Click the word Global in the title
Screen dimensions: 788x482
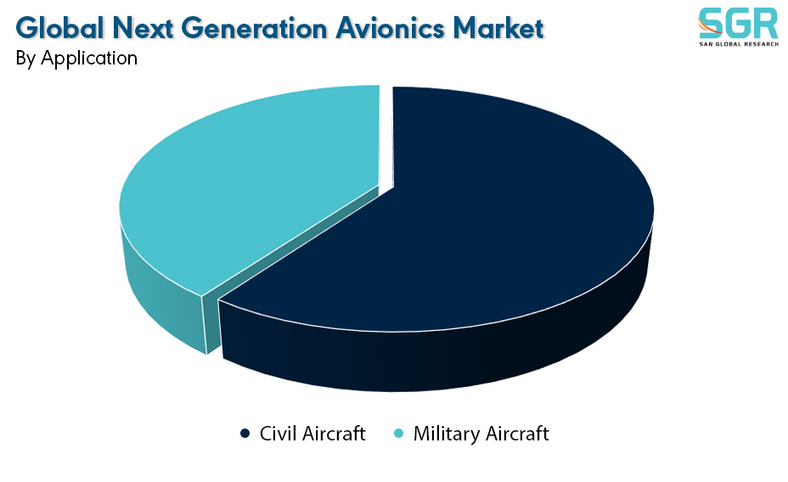click(60, 28)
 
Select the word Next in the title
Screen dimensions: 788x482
click(144, 28)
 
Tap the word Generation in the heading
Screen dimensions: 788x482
click(254, 28)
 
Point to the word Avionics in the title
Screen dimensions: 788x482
click(390, 28)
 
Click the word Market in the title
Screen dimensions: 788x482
click(498, 28)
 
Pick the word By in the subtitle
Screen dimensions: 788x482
click(25, 59)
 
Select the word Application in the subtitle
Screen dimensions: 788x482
click(89, 59)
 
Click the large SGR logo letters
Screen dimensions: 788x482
click(738, 23)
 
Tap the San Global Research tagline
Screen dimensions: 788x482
click(739, 44)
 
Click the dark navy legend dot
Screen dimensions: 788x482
click(245, 434)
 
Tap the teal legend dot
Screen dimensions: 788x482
click(398, 434)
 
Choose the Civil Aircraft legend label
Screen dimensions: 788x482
click(312, 434)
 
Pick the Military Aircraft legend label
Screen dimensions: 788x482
click(481, 434)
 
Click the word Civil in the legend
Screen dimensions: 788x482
click(278, 434)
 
